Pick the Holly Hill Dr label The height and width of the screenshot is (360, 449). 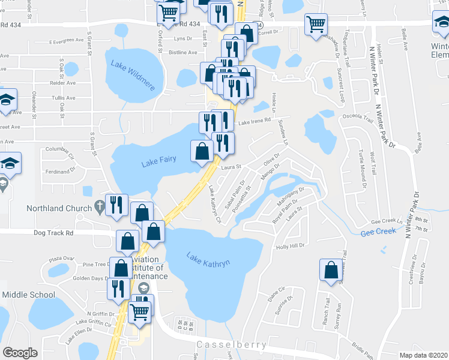pos(291,245)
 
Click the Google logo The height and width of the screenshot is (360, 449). pos(20,352)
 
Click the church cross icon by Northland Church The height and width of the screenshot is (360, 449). pos(100,208)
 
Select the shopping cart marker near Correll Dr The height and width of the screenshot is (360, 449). pos(316,25)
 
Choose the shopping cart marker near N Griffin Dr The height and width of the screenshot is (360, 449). pos(140,310)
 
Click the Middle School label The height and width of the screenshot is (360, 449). pos(28,295)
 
